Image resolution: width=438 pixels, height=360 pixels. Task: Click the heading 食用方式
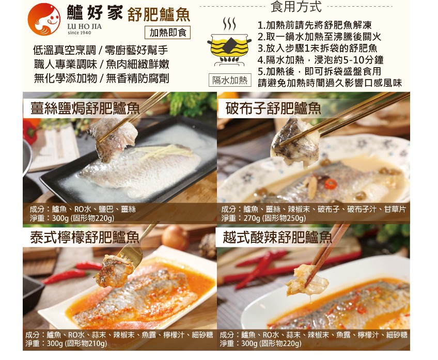pyautogui.click(x=296, y=7)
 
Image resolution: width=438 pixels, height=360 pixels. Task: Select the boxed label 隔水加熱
pyautogui.click(x=230, y=80)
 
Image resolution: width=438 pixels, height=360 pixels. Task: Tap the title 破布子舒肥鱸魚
pyautogui.click(x=273, y=108)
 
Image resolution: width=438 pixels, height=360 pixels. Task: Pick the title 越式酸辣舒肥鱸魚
pyautogui.click(x=277, y=237)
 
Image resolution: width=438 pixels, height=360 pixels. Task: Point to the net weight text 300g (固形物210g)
pyautogui.click(x=67, y=343)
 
